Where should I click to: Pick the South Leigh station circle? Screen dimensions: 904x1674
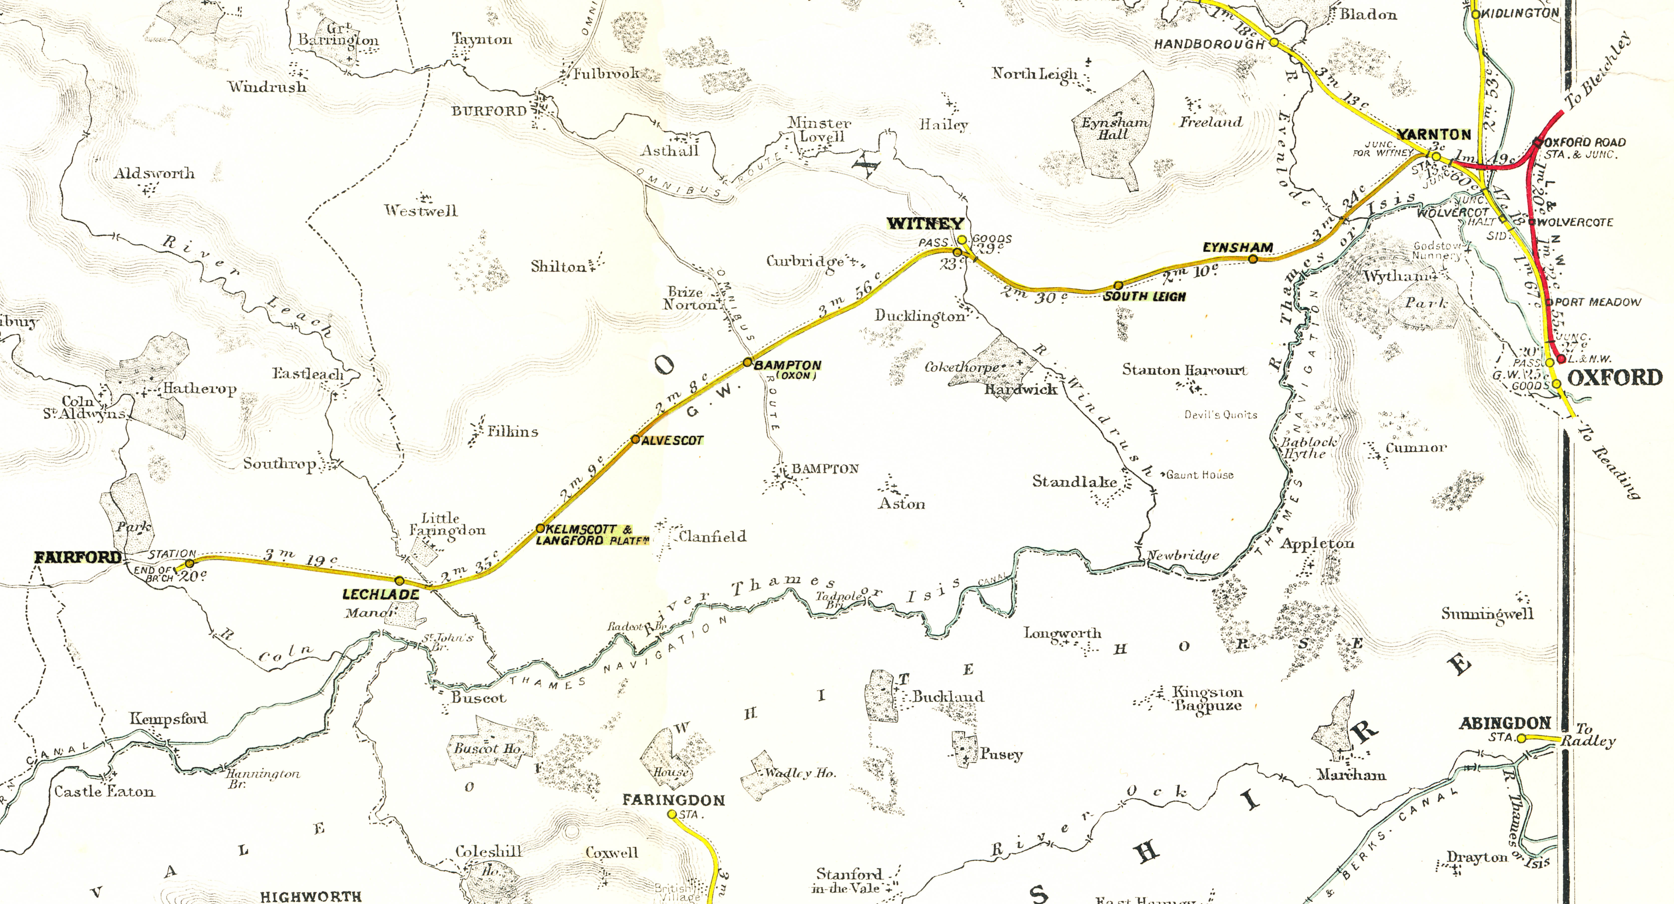point(1118,285)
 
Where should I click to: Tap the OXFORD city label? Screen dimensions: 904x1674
point(1615,378)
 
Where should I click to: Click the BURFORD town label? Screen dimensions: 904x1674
point(489,111)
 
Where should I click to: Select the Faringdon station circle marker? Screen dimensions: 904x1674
point(671,814)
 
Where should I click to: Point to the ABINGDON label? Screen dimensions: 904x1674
point(1505,723)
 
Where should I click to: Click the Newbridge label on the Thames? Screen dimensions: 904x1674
point(1183,556)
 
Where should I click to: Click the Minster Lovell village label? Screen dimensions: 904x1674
point(819,129)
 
